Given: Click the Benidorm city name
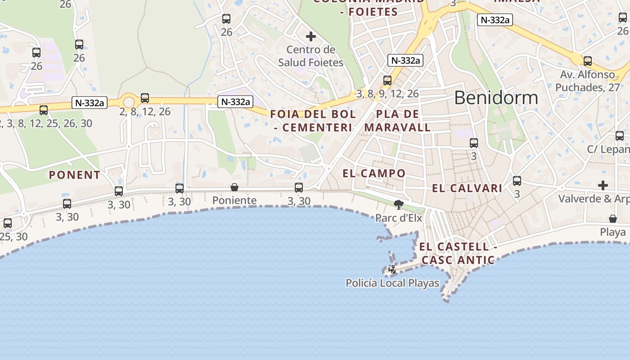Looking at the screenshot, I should pos(496,98).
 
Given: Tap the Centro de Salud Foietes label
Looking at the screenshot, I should pos(310,56).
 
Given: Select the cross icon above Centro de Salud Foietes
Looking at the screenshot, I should pos(310,36).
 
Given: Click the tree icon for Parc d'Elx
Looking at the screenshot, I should pos(398,205).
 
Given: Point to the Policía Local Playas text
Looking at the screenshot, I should pos(392,283).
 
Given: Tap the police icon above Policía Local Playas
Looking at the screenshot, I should pos(392,270).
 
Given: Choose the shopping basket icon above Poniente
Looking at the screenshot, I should pos(234,187).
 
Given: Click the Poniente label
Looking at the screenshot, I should pos(234,200).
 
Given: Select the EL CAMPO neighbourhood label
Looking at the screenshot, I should pos(374,173).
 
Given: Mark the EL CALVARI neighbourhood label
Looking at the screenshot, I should pos(467,189).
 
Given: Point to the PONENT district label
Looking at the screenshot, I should pos(75,175).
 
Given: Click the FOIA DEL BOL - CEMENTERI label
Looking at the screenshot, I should pos(313,121).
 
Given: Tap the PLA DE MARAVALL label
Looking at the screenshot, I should pos(397,121).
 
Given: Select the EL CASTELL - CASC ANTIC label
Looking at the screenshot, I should pos(458,253).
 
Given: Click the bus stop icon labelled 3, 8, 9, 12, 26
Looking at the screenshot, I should pos(387,81).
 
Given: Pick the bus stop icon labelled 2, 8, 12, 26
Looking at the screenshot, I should pos(144,98).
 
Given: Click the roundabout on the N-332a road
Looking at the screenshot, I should pos(129,103).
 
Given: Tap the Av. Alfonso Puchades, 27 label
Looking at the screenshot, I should pos(587,81).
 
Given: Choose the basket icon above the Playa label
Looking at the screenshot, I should pos(612,219).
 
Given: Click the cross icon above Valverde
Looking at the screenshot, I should pos(603,185).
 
